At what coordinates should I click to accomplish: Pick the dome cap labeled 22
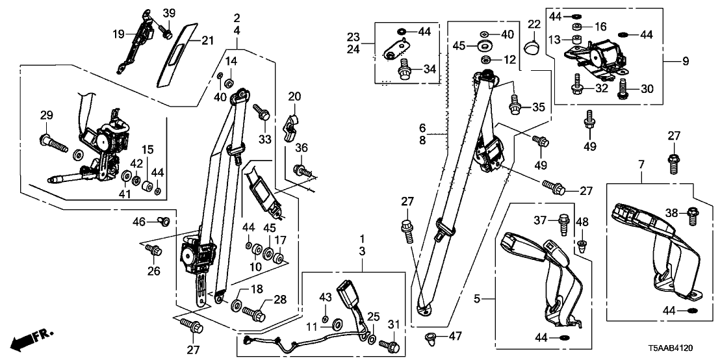click(x=534, y=47)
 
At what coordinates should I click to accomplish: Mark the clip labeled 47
click(x=428, y=337)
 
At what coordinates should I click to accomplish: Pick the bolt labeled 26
click(x=154, y=250)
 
